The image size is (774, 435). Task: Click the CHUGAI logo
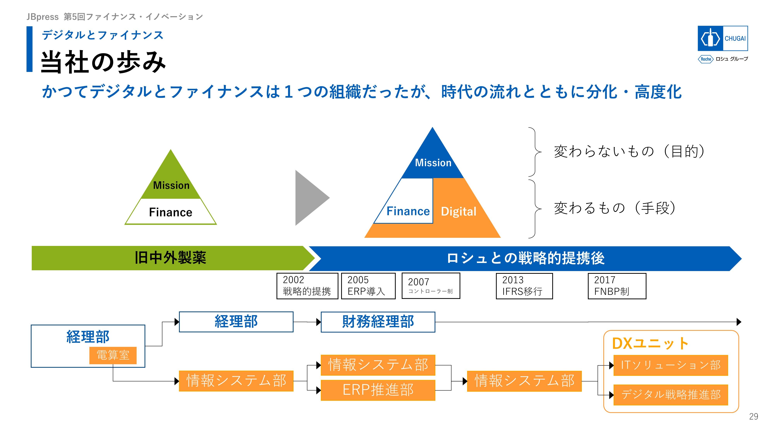(722, 38)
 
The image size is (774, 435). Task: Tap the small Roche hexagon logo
(705, 59)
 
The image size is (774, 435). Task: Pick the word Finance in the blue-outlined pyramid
(408, 211)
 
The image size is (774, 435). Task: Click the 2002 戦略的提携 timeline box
(307, 286)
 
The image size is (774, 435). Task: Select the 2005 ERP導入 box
(368, 286)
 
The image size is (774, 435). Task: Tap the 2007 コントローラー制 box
(431, 286)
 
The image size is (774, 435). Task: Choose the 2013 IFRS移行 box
(524, 286)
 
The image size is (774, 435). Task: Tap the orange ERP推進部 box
(378, 390)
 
